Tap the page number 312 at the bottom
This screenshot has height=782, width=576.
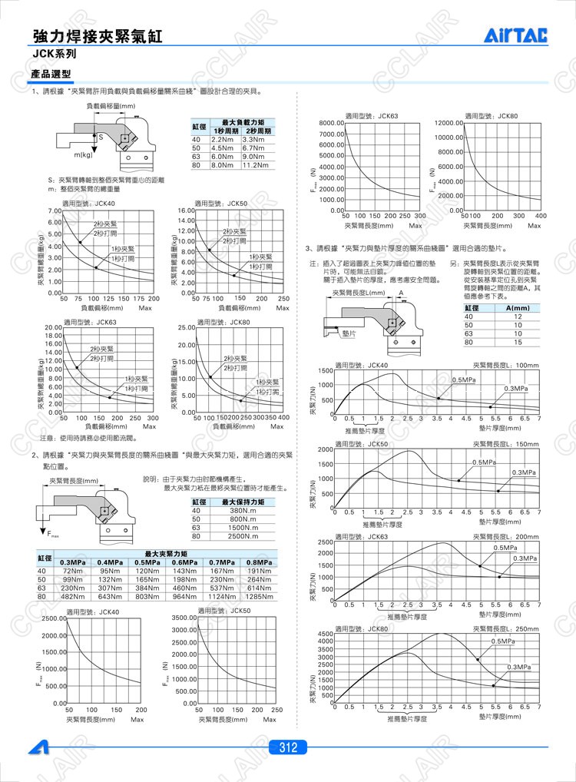288,747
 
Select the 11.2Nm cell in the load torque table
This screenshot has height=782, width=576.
257,165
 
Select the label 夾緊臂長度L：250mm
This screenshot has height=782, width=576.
507,628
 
